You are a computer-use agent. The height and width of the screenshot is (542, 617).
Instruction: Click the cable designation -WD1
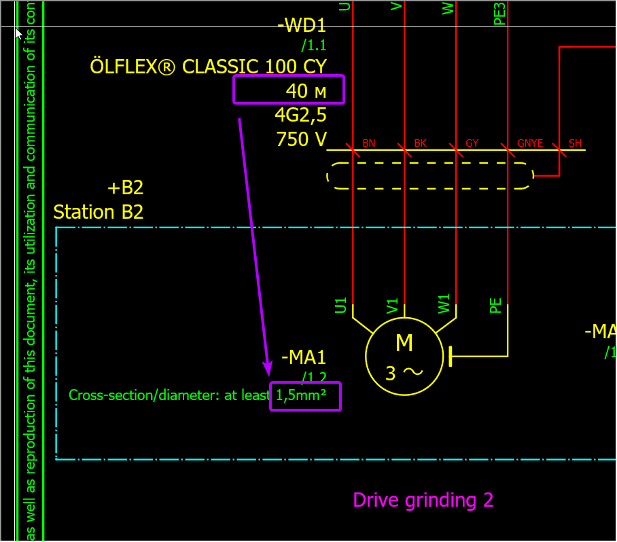click(x=302, y=26)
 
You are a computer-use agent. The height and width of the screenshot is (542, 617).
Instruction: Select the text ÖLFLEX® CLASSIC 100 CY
click(x=208, y=67)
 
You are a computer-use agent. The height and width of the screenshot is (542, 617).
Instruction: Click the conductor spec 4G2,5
click(x=300, y=114)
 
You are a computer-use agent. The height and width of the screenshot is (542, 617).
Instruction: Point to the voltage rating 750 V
click(x=301, y=139)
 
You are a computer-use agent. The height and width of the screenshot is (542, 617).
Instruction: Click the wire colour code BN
click(x=369, y=143)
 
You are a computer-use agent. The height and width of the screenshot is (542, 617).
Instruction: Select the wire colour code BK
click(x=420, y=143)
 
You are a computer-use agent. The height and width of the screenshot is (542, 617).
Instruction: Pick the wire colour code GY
click(x=472, y=143)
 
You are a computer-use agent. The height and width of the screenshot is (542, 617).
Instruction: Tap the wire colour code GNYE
click(x=530, y=143)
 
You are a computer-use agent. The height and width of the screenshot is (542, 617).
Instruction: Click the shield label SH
click(x=575, y=143)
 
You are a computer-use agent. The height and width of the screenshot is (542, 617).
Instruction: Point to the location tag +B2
click(x=125, y=188)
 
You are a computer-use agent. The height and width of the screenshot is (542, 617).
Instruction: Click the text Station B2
click(x=99, y=212)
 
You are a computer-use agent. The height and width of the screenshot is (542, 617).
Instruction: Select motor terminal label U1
click(x=341, y=305)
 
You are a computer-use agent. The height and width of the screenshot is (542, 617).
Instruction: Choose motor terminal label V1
click(x=392, y=305)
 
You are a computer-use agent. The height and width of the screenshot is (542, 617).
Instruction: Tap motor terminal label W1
click(x=444, y=305)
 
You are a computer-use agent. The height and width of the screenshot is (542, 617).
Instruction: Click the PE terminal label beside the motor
click(x=495, y=305)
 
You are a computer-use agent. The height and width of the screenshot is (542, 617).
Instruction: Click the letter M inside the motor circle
click(x=404, y=344)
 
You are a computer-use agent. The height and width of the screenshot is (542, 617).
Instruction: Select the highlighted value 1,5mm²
click(x=306, y=396)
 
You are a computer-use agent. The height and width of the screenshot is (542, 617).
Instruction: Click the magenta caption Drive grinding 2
click(x=423, y=501)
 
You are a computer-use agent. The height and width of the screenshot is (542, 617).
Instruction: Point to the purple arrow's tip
click(x=268, y=374)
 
